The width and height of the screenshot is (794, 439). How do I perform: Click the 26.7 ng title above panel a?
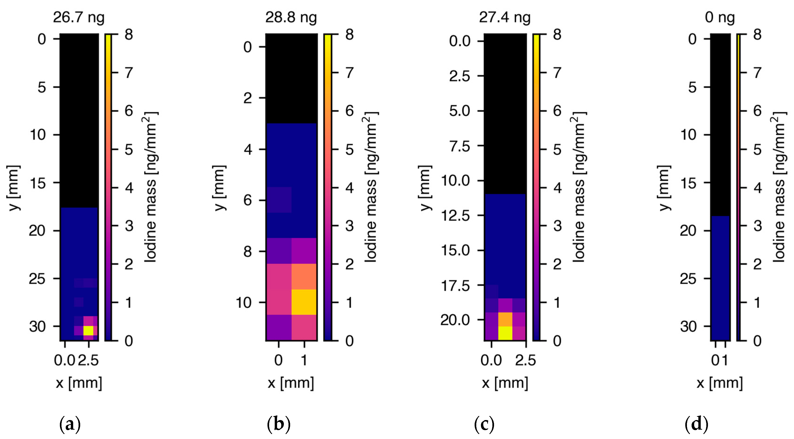pos(79,17)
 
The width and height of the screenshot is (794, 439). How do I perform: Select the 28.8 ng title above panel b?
pos(291,17)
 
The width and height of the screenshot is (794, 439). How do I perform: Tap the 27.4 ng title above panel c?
pos(505,17)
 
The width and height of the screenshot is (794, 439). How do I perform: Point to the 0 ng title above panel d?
pos(720,17)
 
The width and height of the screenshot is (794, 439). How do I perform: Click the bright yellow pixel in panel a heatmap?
pos(88,331)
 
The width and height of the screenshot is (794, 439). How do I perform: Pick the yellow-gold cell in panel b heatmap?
pos(304,302)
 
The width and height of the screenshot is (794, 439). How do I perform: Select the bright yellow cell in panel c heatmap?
pos(505,333)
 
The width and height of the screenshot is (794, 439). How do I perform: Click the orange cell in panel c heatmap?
pos(505,319)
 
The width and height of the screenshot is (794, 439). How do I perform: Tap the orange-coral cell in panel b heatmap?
pos(304,276)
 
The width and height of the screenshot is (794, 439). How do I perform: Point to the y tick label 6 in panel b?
pos(248,201)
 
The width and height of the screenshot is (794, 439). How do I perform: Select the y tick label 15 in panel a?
pos(37,183)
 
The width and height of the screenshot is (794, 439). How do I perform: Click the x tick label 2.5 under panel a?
pos(88,360)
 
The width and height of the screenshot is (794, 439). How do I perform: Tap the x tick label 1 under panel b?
pos(304,360)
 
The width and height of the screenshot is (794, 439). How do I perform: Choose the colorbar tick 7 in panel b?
pos(349,73)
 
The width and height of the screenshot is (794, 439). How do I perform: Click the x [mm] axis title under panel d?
pos(720,383)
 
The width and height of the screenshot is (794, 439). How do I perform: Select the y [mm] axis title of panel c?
pos(425,188)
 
